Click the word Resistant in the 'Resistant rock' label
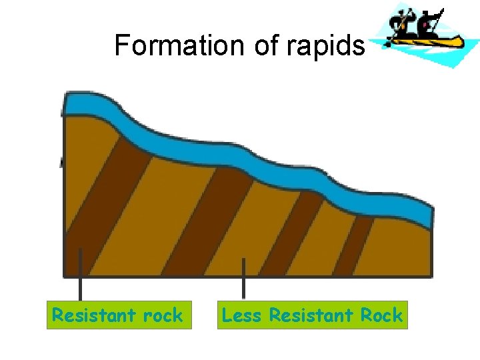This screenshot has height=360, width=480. pyautogui.click(x=91, y=315)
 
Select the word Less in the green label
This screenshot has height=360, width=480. pyautogui.click(x=242, y=315)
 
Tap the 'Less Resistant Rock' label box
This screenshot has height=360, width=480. pyautogui.click(x=312, y=315)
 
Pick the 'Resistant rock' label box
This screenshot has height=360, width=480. pyautogui.click(x=119, y=315)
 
